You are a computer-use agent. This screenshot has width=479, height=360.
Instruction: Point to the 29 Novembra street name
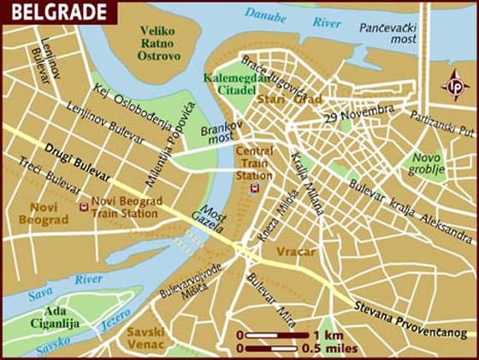pos(358,115)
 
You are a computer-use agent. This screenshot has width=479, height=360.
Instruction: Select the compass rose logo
pos(454,86)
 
